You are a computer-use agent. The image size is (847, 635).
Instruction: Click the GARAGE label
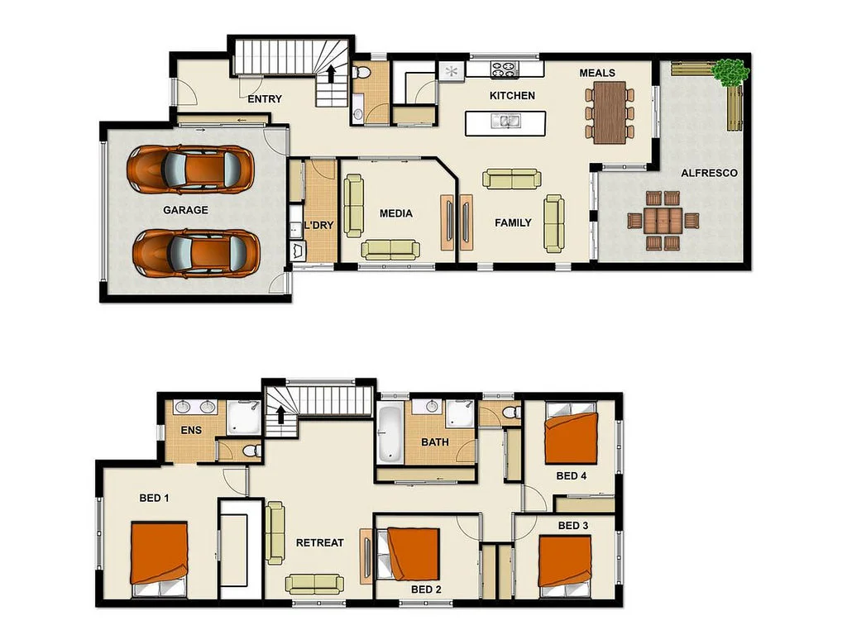tap(185, 210)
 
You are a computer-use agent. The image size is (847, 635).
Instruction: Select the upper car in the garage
tap(189, 169)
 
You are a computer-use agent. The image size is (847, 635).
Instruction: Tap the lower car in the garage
tap(197, 253)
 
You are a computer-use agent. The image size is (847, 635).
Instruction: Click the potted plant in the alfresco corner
tap(731, 72)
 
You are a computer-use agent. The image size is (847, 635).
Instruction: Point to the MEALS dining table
tap(610, 112)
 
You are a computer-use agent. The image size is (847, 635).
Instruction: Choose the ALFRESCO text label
tap(709, 173)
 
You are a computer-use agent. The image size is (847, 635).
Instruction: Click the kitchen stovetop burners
tap(503, 69)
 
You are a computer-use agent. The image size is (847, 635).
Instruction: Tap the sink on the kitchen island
tap(504, 122)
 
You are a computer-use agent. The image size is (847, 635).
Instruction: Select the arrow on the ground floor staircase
tap(331, 74)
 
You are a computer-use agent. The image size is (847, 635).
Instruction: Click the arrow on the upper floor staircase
tap(281, 415)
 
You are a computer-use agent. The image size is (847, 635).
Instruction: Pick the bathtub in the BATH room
tap(389, 433)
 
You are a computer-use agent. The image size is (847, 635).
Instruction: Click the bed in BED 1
tap(159, 554)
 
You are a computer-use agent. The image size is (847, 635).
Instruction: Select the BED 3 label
tap(574, 525)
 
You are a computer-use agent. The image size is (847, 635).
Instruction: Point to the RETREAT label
tap(319, 542)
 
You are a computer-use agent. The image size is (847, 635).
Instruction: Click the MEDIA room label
tap(395, 213)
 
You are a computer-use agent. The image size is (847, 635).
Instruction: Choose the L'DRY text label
tap(318, 225)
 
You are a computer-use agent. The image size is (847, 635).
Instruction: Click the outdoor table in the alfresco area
tap(663, 221)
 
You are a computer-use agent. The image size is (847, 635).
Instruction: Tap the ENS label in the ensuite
tap(191, 430)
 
